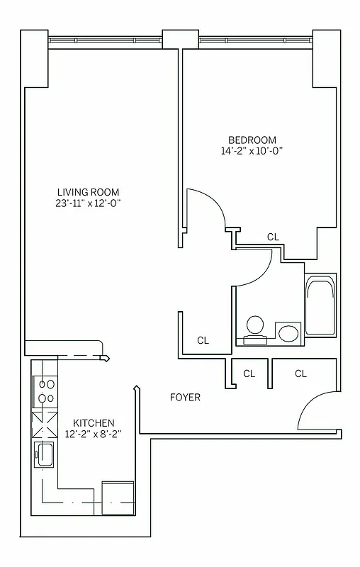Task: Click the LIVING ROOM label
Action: [x=89, y=191]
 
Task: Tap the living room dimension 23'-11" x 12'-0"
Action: [x=89, y=203]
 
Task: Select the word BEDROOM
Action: [x=252, y=140]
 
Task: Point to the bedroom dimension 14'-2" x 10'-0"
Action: [x=252, y=151]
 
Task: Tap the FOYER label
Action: [x=185, y=398]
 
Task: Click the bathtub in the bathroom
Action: [x=320, y=307]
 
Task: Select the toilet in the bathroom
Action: [x=254, y=329]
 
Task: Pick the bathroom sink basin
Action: [x=288, y=332]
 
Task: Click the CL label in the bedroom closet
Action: [x=273, y=237]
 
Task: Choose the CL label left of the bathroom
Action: [x=203, y=340]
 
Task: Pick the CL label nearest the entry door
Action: [x=300, y=374]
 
